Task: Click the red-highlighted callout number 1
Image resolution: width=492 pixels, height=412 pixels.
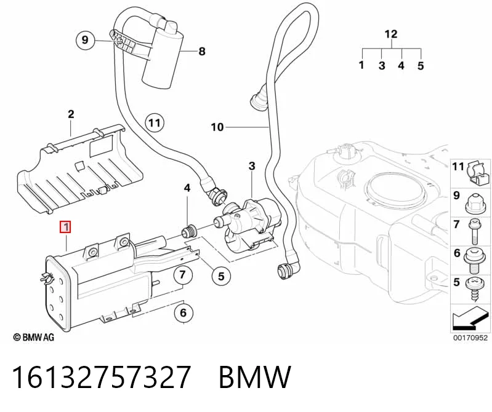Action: [x=65, y=227]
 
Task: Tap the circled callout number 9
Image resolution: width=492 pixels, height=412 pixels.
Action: [x=85, y=40]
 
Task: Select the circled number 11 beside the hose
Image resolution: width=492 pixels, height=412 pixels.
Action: [x=155, y=122]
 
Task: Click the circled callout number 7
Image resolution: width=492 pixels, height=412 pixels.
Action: [x=183, y=275]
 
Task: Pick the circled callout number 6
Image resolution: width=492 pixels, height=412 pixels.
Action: [x=183, y=312]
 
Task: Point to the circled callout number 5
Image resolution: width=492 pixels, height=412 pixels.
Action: [x=221, y=276]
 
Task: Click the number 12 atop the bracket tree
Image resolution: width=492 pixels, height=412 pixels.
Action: [x=391, y=34]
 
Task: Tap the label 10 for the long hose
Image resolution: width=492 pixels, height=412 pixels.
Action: [x=217, y=127]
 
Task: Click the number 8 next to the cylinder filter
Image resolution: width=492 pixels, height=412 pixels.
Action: [x=202, y=51]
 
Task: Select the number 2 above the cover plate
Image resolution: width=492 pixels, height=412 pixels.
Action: [x=71, y=114]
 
